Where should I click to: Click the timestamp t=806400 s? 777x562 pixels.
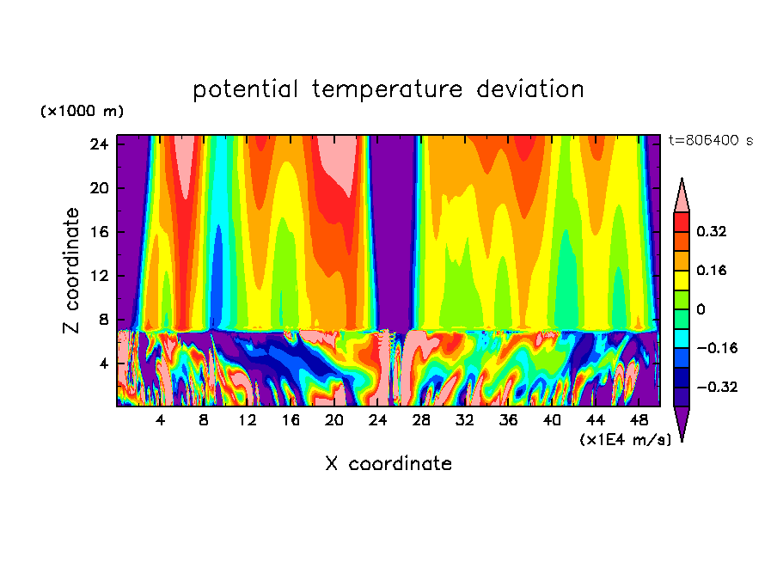[710, 140]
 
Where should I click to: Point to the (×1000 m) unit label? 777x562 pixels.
[82, 112]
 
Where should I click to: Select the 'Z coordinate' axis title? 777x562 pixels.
[71, 271]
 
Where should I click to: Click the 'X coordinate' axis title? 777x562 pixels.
[388, 464]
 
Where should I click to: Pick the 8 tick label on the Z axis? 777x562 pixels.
[104, 320]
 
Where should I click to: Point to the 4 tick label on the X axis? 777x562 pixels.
[160, 421]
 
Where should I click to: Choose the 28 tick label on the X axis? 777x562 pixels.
[421, 421]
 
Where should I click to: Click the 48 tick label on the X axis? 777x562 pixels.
[639, 421]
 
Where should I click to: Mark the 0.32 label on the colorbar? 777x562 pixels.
[713, 231]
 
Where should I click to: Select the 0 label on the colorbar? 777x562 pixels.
[701, 309]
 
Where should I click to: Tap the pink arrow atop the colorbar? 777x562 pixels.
[682, 195]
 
